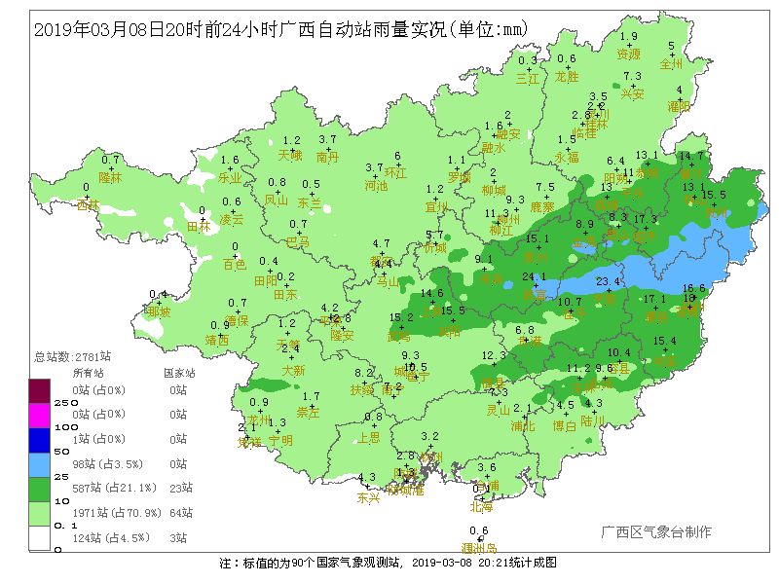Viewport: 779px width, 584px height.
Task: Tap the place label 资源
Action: tap(629, 55)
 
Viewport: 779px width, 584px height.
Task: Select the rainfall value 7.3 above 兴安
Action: tap(632, 76)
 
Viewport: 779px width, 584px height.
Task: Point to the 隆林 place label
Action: tap(111, 178)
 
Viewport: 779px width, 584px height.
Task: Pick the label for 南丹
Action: tap(328, 156)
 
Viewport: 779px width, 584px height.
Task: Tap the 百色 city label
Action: tap(235, 265)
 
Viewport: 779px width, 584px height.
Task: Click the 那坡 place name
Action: tap(158, 312)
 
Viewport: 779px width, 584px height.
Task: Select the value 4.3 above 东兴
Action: tap(367, 477)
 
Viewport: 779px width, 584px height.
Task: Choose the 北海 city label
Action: tap(481, 506)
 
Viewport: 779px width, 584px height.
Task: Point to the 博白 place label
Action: tap(565, 425)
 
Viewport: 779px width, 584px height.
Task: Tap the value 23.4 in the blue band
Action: tap(608, 282)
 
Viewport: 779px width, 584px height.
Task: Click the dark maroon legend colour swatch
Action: tap(39, 389)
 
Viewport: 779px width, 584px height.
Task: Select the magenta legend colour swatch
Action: tap(39, 414)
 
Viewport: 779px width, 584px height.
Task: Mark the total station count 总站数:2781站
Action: tap(73, 356)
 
